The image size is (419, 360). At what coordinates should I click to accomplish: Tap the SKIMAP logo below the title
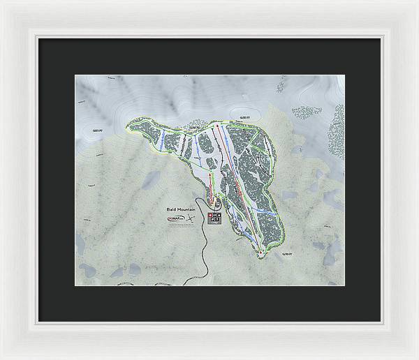(177, 219)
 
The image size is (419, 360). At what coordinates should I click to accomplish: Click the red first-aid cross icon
(209, 216)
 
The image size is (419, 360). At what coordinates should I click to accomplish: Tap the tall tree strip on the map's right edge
(337, 133)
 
